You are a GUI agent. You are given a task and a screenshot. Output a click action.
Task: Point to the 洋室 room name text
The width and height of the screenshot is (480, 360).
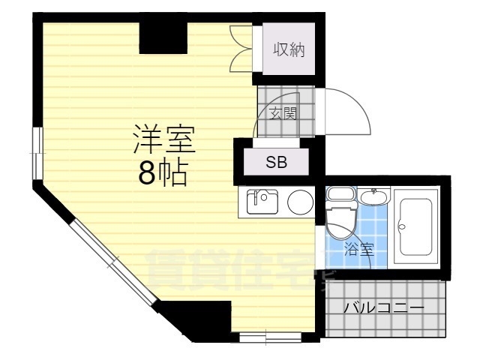[163, 140]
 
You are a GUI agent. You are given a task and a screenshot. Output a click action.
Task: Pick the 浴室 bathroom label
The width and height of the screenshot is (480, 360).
[358, 250]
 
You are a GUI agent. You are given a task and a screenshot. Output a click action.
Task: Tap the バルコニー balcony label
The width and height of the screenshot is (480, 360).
[384, 307]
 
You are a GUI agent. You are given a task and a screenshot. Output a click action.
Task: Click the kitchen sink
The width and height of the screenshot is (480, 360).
[262, 201]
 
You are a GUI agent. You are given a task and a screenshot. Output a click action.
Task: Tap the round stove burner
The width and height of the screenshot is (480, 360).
[301, 201]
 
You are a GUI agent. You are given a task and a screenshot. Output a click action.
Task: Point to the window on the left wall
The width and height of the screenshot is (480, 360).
[35, 142]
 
